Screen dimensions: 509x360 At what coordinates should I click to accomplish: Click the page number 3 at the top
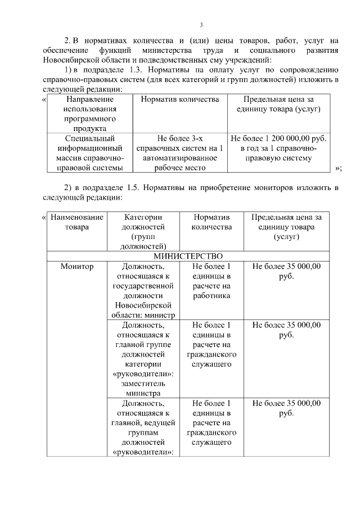201,25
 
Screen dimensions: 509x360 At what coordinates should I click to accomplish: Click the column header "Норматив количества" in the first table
179,99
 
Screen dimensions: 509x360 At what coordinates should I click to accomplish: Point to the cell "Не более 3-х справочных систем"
179,152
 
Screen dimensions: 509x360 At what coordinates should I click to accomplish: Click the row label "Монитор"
77,266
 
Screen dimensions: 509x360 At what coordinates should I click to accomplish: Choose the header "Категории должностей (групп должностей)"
143,232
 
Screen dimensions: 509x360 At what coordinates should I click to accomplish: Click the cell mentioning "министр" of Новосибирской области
143,290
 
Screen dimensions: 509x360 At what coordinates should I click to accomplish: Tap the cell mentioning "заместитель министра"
143,359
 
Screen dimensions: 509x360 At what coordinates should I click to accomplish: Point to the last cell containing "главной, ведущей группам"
143,428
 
